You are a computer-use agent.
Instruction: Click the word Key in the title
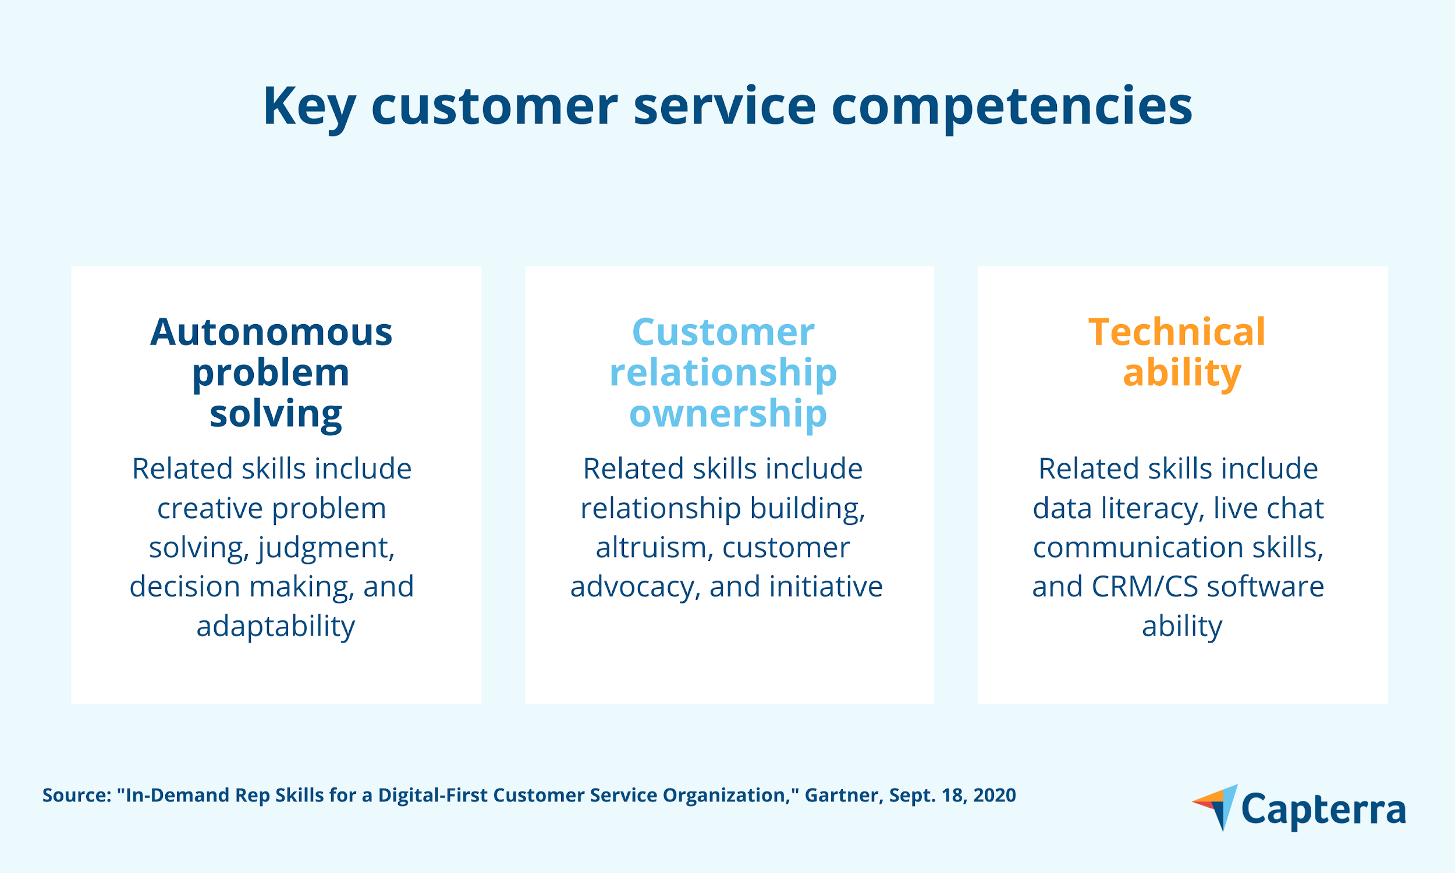[x=309, y=107]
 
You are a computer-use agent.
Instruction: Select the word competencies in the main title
[x=1012, y=107]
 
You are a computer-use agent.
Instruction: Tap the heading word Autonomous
[x=271, y=332]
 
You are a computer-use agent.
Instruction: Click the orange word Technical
[x=1177, y=332]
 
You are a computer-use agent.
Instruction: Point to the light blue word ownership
[x=728, y=414]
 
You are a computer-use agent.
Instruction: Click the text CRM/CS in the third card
[x=1144, y=587]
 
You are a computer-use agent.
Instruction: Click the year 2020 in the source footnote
[x=995, y=796]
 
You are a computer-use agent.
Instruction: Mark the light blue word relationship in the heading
[x=723, y=374]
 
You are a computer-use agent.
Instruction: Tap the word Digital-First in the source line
[x=432, y=796]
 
